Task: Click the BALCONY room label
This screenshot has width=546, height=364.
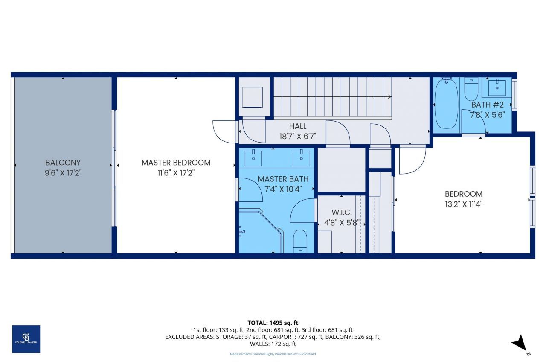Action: tap(63, 163)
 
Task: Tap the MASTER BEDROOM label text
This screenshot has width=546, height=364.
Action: tap(176, 163)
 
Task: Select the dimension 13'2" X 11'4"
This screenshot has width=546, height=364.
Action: tap(464, 204)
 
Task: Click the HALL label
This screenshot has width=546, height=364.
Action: tap(298, 126)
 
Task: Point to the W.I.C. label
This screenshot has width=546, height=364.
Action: tap(342, 212)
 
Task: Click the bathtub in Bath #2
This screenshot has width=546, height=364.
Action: tap(446, 104)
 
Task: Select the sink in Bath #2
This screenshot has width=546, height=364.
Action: tap(497, 87)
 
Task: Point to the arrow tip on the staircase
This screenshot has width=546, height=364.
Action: tap(389, 97)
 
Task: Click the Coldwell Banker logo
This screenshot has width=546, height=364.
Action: tap(26, 339)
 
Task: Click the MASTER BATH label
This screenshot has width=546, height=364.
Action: tap(283, 179)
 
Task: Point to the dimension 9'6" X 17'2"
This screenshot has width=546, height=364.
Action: tap(63, 173)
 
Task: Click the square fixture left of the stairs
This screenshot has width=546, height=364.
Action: tap(252, 97)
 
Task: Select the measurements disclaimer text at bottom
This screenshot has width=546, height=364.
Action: tap(273, 354)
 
